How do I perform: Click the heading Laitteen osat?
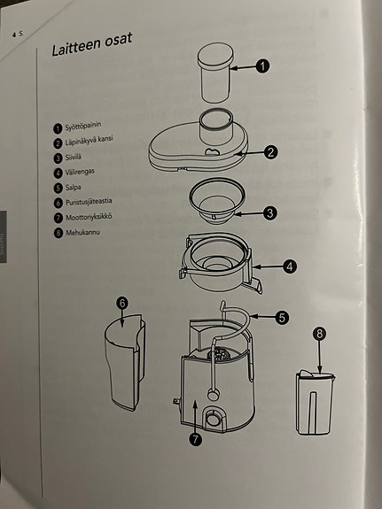[92, 54]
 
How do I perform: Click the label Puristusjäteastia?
[92, 203]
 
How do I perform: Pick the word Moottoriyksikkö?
[90, 217]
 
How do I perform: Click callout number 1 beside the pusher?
[263, 65]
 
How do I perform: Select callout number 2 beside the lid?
[272, 152]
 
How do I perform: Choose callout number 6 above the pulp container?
[123, 303]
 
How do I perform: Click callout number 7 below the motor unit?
[196, 436]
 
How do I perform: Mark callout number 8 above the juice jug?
[319, 335]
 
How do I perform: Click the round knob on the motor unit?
[214, 418]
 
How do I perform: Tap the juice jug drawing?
[316, 404]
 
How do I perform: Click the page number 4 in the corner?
[13, 32]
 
